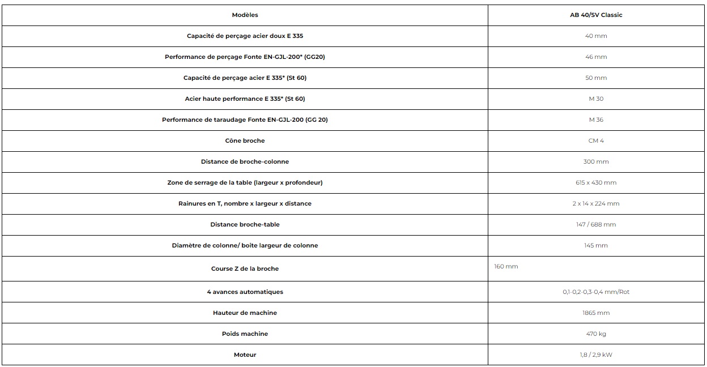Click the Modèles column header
(245, 15)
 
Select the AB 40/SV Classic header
(596, 15)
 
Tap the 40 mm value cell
(596, 36)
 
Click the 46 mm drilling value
(596, 57)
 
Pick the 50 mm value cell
(596, 78)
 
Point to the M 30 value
(596, 99)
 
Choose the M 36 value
(596, 120)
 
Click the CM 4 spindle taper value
(596, 140)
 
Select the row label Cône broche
(245, 140)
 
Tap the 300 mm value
(596, 161)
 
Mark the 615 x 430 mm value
(596, 182)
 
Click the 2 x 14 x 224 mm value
(596, 203)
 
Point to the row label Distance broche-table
(245, 224)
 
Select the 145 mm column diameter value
(596, 245)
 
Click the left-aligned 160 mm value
(506, 266)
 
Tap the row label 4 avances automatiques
(245, 292)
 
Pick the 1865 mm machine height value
(596, 313)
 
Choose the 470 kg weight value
(596, 334)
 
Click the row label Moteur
(245, 355)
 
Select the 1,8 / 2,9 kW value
(596, 355)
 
